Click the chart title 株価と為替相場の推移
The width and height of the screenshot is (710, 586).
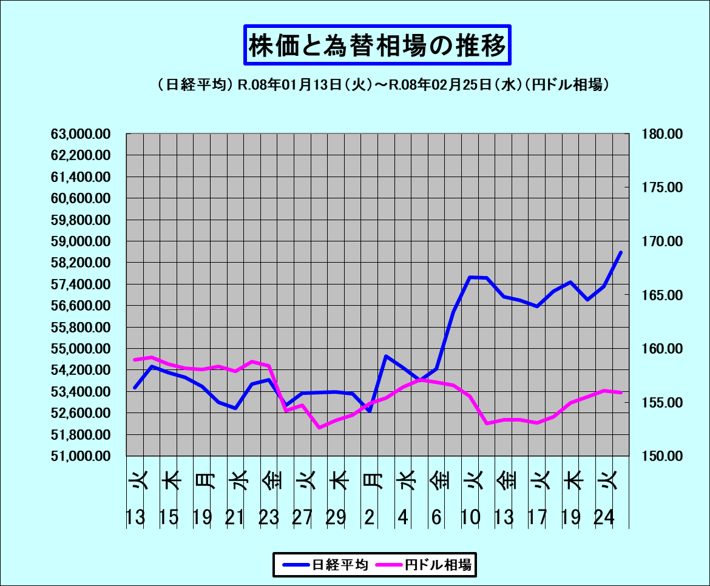click(377, 45)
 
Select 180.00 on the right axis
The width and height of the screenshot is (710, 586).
click(661, 134)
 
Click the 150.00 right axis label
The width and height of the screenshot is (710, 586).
click(661, 456)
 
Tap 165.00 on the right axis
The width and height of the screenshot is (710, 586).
click(661, 295)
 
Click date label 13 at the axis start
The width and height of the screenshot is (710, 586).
click(135, 517)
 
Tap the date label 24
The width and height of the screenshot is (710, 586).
click(605, 517)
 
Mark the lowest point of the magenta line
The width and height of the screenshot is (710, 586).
click(319, 428)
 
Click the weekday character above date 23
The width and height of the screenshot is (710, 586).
click(271, 480)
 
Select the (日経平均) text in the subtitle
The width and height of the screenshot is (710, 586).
click(195, 86)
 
